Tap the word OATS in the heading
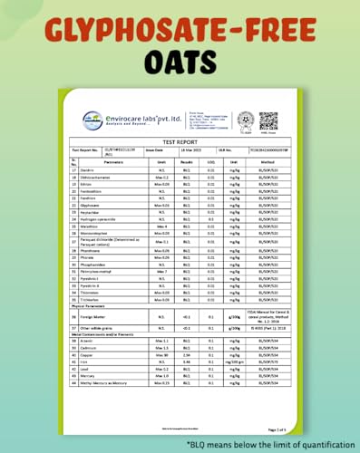(180, 63)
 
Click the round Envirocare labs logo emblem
(92, 117)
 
